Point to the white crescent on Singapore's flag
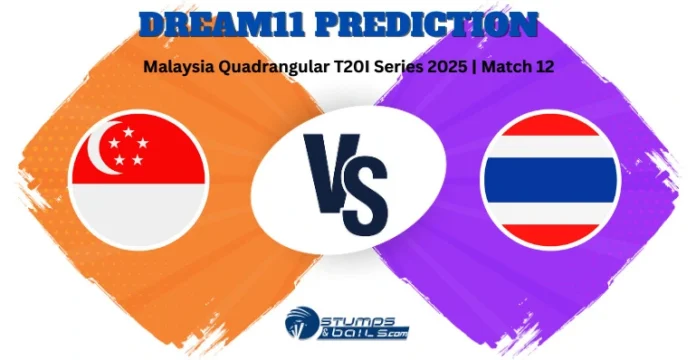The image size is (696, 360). coord(103,151)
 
